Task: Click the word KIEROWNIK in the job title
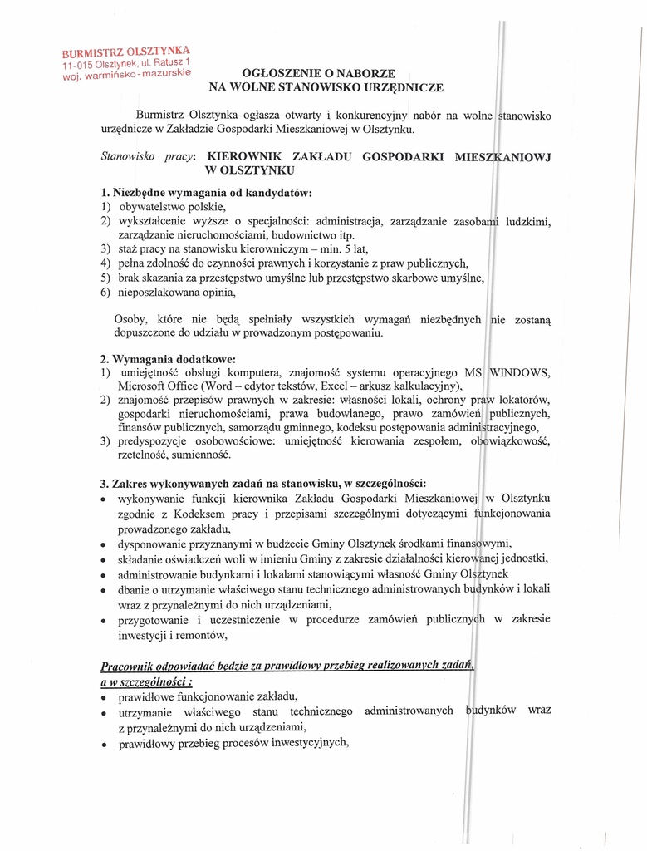(x=246, y=156)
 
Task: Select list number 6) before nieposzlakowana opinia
(x=105, y=292)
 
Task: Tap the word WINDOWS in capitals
(x=520, y=372)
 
